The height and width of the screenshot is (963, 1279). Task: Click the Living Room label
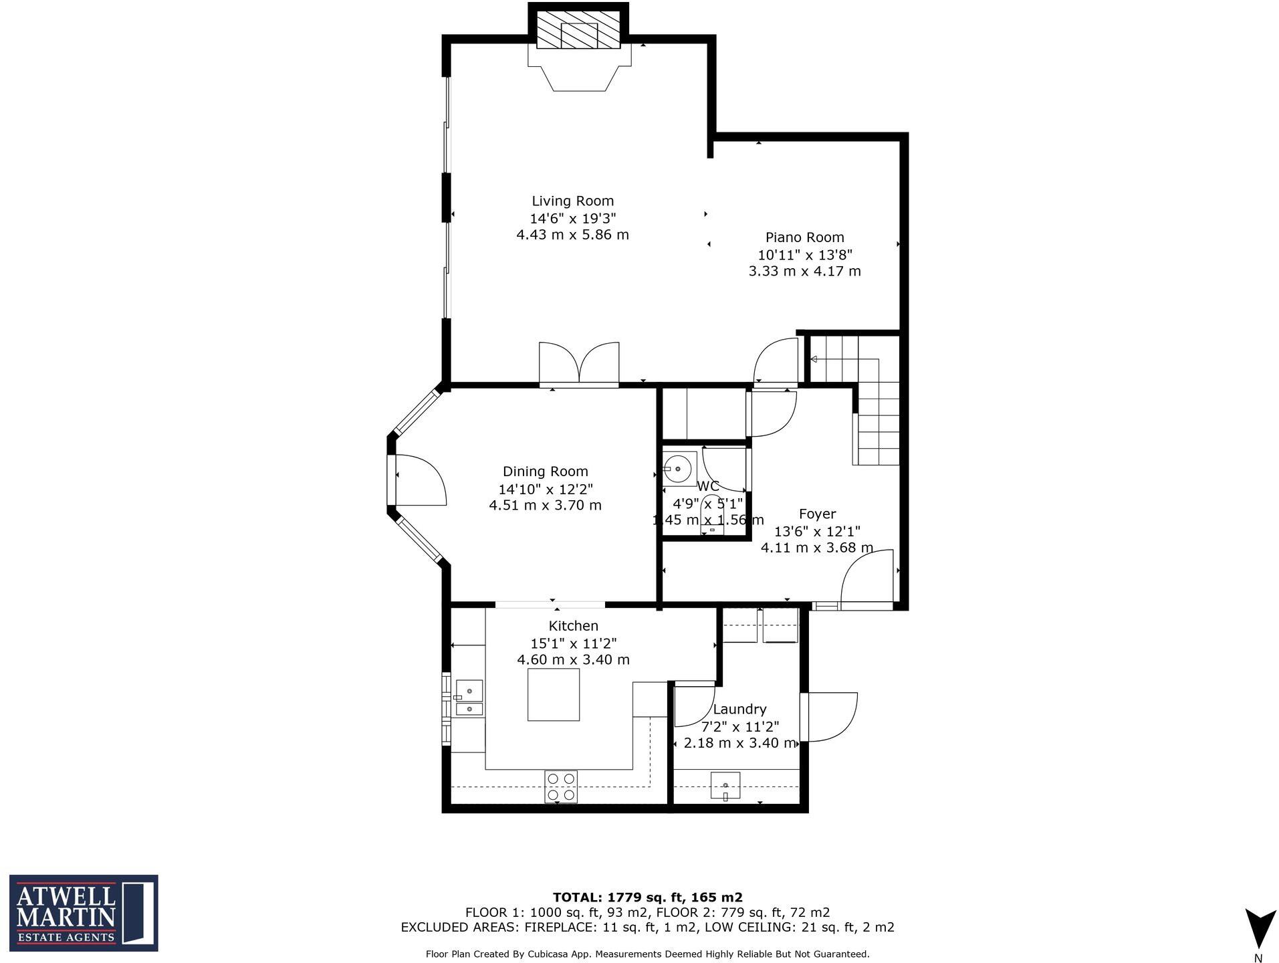(572, 201)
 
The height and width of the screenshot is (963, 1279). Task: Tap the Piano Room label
(804, 237)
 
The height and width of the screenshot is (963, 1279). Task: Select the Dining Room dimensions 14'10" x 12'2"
(545, 489)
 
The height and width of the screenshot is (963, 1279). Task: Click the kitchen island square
(553, 695)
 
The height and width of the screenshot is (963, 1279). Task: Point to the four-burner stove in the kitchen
(560, 786)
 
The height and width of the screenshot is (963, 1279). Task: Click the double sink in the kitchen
(469, 698)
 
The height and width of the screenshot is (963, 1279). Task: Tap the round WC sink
(678, 468)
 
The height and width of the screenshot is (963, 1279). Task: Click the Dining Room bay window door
(420, 480)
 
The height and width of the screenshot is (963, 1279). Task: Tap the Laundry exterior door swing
(829, 717)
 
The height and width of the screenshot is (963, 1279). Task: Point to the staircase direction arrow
(814, 359)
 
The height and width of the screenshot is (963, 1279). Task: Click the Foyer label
(817, 514)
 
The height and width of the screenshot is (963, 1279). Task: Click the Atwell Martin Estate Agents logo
(84, 913)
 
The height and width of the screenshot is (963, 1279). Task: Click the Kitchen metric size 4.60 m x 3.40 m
(573, 659)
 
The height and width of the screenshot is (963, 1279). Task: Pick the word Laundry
(739, 709)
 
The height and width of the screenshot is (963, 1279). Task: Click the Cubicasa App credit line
(647, 954)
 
